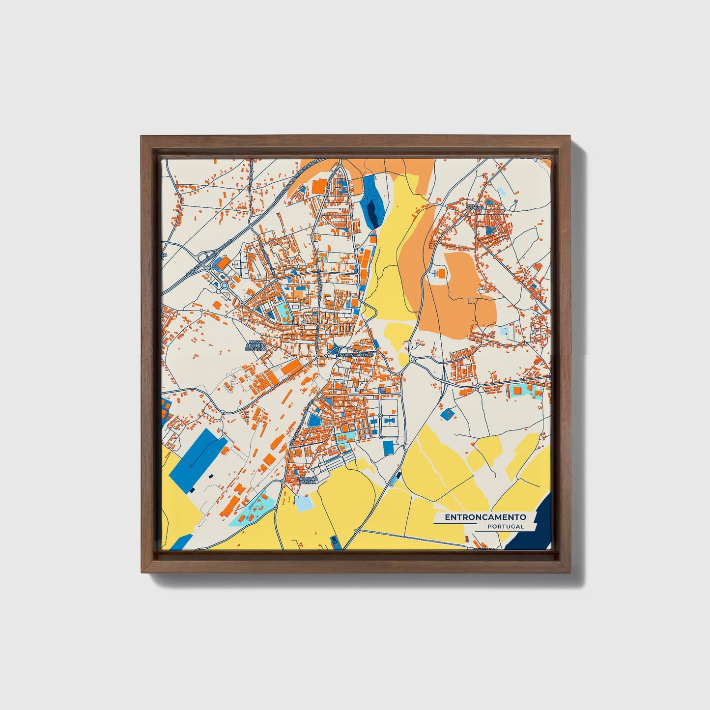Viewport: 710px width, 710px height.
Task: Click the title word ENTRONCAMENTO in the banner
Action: pos(485,517)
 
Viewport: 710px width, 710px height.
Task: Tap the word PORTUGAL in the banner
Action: pos(506,526)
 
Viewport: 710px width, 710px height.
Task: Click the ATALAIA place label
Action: pos(476,207)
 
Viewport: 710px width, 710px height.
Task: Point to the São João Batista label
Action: pos(308,481)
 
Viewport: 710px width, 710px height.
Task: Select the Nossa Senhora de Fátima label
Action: pos(256,345)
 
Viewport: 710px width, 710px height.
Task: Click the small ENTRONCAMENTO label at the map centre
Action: pos(356,354)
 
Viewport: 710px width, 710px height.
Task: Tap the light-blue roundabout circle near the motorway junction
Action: pos(224,285)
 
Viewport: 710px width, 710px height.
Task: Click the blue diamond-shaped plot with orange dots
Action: pos(447,414)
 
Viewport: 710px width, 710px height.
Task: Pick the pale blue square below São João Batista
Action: pos(303,503)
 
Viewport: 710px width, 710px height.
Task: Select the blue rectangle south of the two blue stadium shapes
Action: pos(388,447)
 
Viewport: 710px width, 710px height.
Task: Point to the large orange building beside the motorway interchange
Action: pos(223,263)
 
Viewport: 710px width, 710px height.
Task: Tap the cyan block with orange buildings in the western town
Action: pos(281,311)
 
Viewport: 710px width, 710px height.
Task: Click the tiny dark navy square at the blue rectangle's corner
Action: pos(211,476)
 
